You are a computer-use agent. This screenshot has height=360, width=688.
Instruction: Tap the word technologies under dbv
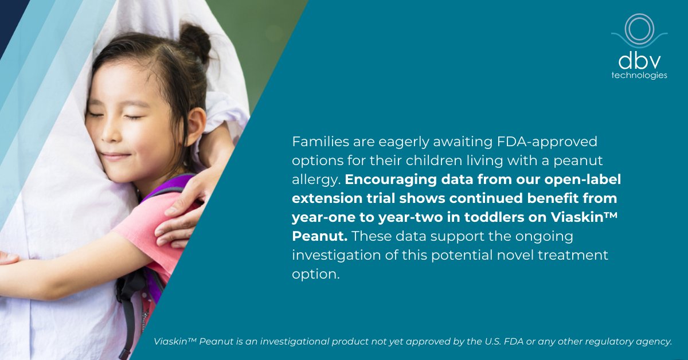pyautogui.click(x=639, y=76)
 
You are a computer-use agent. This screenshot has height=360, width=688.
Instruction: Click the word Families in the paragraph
pyautogui.click(x=318, y=140)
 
